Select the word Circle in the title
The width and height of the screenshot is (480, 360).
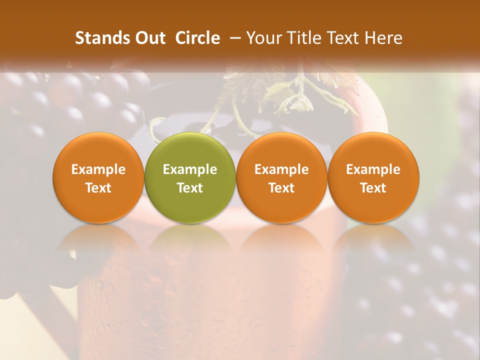197,38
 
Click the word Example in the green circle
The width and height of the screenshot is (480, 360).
190,169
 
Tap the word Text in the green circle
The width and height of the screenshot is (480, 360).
190,188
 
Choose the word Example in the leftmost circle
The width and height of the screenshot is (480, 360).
98,169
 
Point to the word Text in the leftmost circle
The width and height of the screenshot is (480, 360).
98,188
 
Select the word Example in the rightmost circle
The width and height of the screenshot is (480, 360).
373,169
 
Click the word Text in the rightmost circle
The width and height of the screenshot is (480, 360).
373,188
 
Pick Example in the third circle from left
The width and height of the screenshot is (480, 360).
281,169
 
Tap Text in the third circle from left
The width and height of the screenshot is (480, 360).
281,188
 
